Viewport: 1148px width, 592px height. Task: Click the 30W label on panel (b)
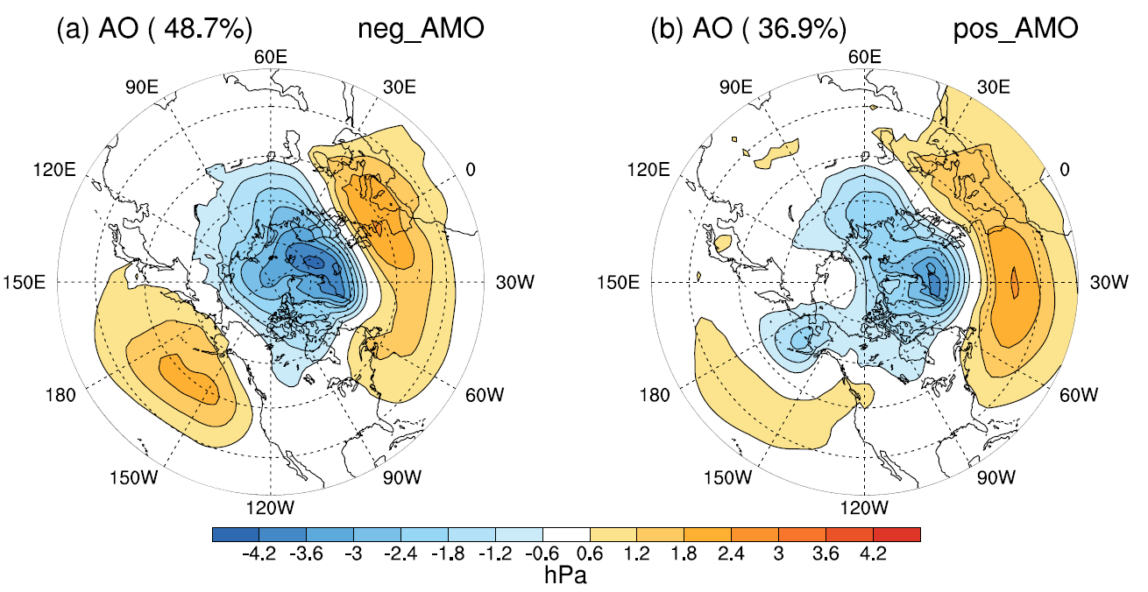coord(1106,282)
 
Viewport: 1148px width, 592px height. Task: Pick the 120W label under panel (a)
coord(271,508)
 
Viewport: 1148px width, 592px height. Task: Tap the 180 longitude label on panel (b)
coord(654,395)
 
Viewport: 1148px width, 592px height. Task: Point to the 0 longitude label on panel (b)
coord(1067,169)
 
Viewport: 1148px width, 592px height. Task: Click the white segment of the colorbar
coord(566,533)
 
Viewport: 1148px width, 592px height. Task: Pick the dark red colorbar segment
coord(896,533)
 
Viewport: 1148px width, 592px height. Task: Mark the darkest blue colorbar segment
coord(236,533)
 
